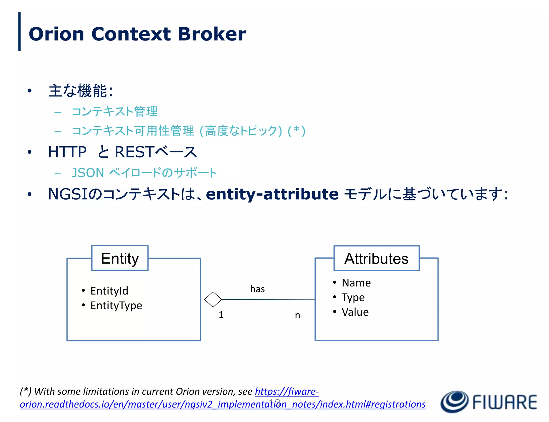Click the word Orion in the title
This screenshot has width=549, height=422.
point(56,34)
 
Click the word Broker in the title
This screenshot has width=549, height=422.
point(212,34)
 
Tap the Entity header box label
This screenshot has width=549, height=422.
point(120,258)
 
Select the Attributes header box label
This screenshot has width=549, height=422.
point(376,259)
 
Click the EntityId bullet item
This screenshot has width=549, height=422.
point(109,291)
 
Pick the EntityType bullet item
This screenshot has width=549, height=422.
point(116,306)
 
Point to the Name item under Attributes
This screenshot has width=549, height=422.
point(356,283)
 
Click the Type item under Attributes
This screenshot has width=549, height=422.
point(353,298)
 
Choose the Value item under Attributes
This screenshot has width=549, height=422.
point(355,312)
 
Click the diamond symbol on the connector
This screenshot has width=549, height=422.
point(213,299)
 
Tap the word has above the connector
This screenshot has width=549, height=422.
point(257,289)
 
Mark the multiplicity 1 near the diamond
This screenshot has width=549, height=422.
point(221,315)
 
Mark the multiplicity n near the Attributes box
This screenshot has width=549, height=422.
point(297,315)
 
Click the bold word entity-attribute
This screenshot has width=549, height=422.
point(272,194)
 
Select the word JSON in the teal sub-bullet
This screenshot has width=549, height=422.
point(88,173)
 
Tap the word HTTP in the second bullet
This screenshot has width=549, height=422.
point(67,152)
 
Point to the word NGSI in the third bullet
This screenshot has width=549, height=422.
point(68,194)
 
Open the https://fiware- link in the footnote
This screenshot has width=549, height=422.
point(287,391)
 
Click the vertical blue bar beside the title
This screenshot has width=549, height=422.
point(19,31)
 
